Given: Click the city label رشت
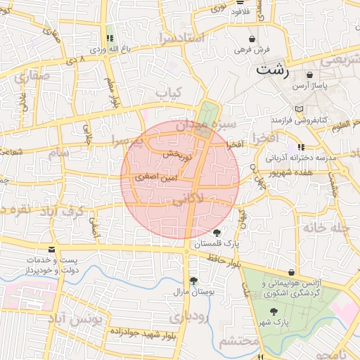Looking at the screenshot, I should (x=272, y=70).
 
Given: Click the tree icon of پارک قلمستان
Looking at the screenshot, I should (x=216, y=233).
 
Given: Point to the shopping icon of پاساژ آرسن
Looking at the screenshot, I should (x=310, y=75).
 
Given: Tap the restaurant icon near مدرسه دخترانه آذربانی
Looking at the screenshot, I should (x=302, y=147).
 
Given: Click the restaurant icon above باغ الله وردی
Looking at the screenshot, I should (x=109, y=39).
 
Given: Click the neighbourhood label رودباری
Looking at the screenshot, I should (x=188, y=317).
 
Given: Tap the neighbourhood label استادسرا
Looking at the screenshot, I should (x=182, y=37).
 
